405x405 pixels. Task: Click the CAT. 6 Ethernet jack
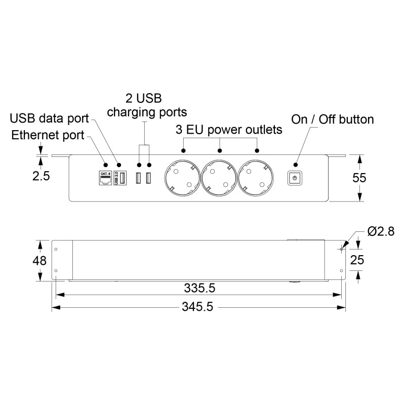pos(105,178)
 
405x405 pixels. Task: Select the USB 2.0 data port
pos(120,178)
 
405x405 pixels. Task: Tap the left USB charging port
pos(138,178)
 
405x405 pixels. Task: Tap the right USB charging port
pos(148,178)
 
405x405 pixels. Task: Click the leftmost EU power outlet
pos(182,178)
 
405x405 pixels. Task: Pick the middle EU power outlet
pos(219,178)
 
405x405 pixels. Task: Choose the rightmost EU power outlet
pos(256,178)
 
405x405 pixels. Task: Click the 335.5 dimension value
pos(199,288)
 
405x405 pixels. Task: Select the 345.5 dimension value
pos(197,307)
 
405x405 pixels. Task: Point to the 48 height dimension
pos(39,261)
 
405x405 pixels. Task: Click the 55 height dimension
pos(359,178)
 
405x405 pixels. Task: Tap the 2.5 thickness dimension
pos(41,176)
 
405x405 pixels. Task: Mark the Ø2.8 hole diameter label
pos(381,231)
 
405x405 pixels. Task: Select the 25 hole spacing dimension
pos(357,260)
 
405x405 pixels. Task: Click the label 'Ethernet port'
pos(48,135)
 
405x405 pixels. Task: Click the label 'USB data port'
pos(49,118)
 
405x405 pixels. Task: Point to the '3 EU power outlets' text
pos(229,130)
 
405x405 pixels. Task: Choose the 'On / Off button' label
pos(333,119)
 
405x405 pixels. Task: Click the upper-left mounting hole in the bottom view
pos(56,249)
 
